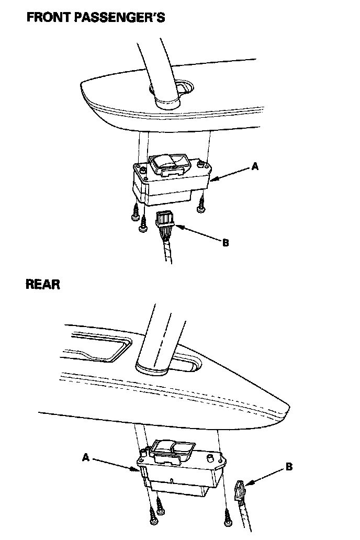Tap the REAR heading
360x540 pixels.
[x=43, y=285]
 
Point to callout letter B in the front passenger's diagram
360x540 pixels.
[x=226, y=243]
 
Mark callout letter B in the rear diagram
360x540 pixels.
[x=289, y=467]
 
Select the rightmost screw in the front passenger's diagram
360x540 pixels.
[x=200, y=206]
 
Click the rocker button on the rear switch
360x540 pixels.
[x=172, y=449]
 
